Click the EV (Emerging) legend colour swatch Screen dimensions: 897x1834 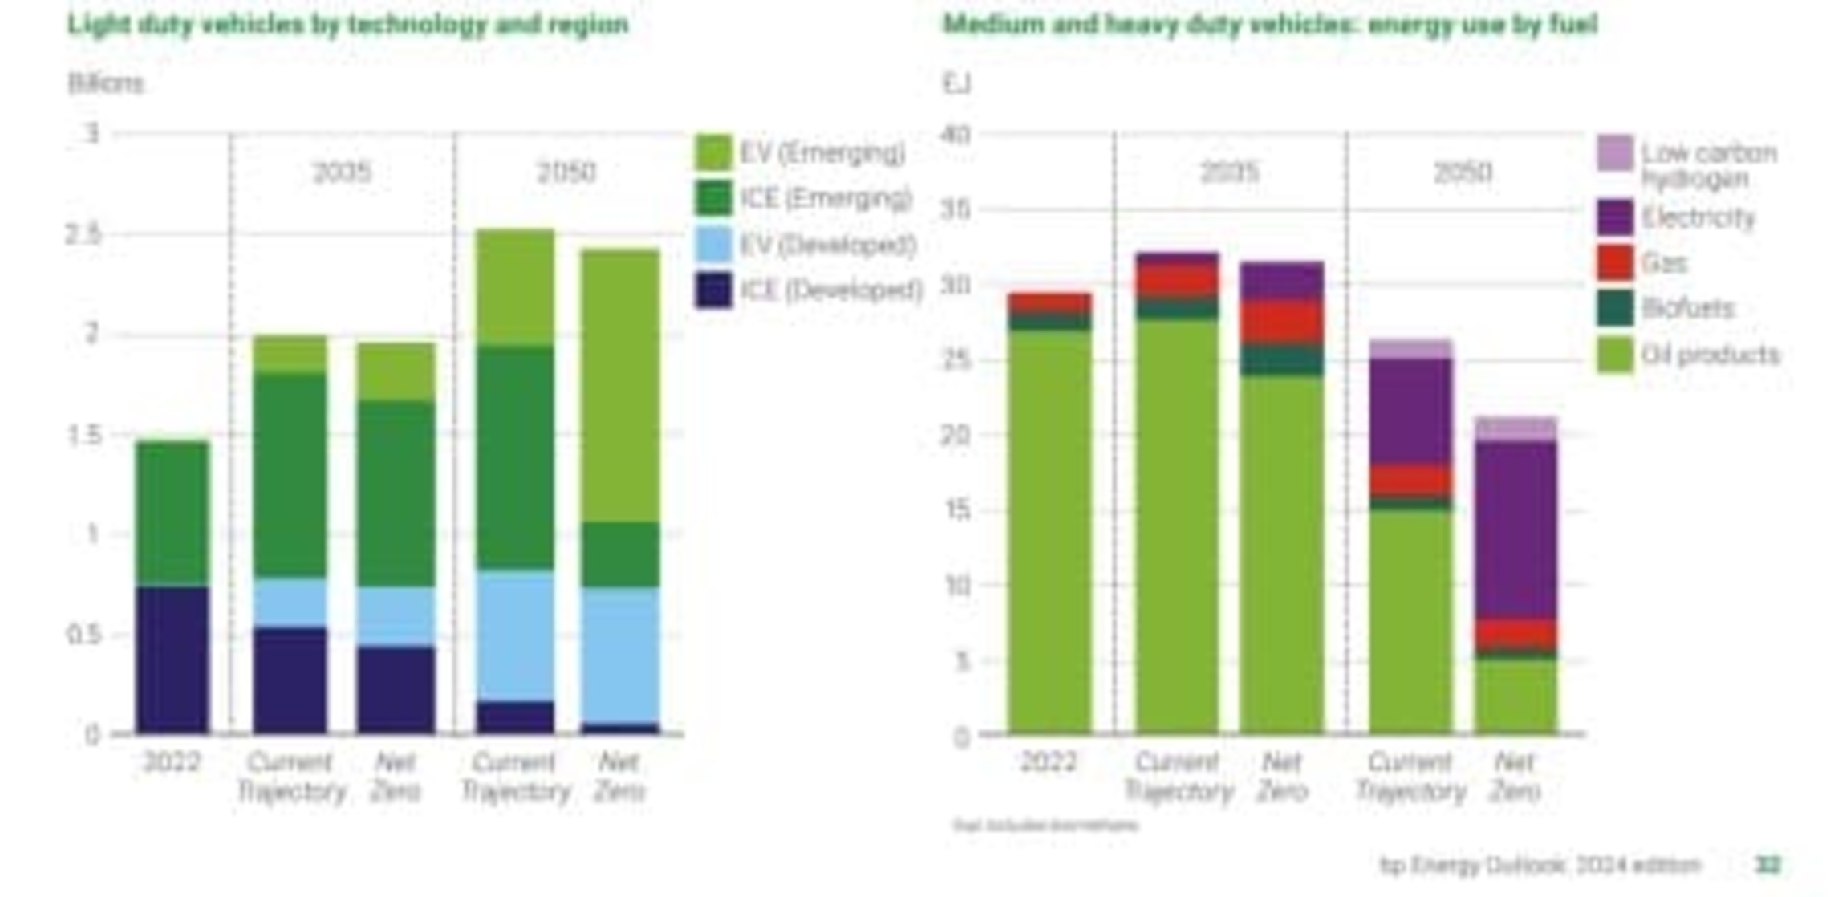click(713, 152)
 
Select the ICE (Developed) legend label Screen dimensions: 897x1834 click(830, 290)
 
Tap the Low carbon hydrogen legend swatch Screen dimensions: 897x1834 click(1614, 152)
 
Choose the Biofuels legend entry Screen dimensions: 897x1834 click(1687, 308)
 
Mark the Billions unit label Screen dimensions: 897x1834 click(106, 83)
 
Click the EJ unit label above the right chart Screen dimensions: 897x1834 click(956, 83)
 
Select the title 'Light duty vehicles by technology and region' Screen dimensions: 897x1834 click(347, 25)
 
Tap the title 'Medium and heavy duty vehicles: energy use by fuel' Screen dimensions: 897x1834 click(1269, 25)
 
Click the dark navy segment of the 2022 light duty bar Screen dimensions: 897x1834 click(172, 660)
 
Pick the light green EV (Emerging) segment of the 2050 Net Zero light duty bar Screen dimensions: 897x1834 click(620, 385)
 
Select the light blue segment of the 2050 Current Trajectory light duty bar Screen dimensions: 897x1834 click(515, 635)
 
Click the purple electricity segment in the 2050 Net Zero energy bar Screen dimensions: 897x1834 click(1515, 530)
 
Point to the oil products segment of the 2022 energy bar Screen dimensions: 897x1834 click(1049, 530)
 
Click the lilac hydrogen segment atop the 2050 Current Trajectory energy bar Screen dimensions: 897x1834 click(1410, 349)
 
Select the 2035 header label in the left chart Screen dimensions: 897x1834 click(342, 172)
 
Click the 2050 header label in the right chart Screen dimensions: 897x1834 click(1463, 172)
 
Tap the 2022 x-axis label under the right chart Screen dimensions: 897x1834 click(1048, 761)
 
